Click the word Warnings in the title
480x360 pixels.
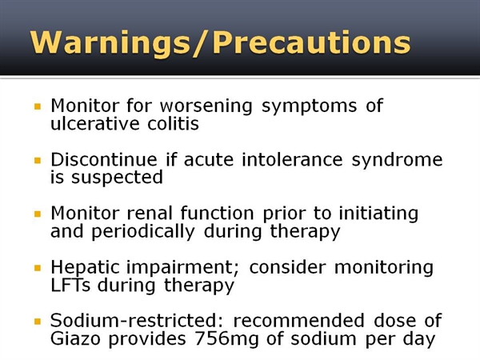(110, 43)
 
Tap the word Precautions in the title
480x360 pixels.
(312, 42)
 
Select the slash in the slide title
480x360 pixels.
(202, 43)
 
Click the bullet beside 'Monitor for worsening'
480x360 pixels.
(38, 106)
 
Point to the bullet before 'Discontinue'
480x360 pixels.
(38, 161)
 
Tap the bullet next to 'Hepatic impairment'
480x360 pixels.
(38, 268)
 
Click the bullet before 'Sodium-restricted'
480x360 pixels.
(38, 322)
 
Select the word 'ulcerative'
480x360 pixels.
(95, 123)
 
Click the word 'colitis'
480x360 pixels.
(174, 123)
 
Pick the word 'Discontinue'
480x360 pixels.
(104, 159)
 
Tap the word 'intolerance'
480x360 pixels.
(292, 159)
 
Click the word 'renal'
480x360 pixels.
(150, 213)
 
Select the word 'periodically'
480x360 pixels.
(143, 233)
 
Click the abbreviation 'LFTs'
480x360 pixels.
(70, 285)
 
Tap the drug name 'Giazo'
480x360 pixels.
(75, 338)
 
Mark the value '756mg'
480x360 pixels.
(226, 340)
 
